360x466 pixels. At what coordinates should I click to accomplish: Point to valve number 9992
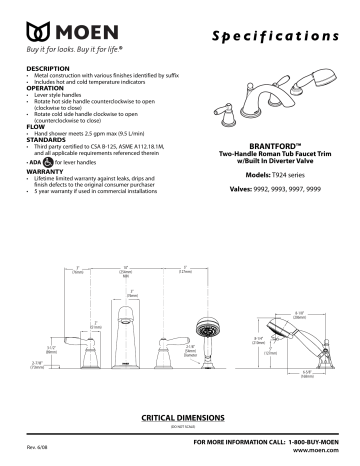(x=255, y=187)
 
